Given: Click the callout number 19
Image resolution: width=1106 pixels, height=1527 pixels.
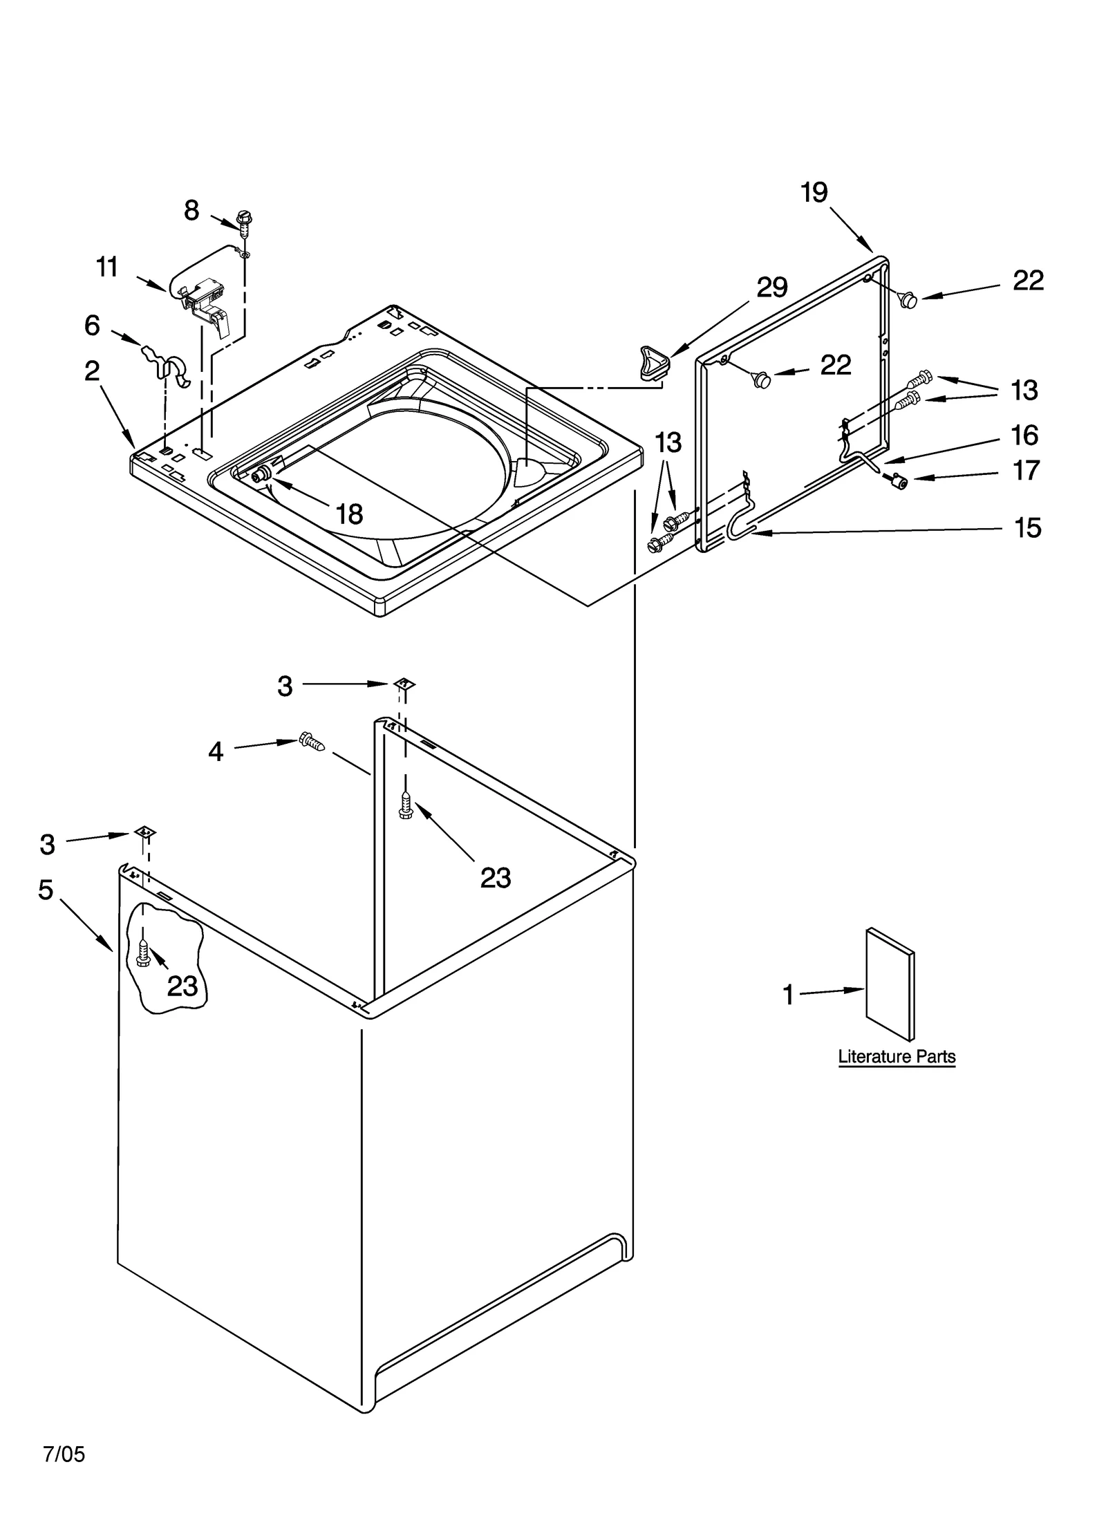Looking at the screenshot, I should pyautogui.click(x=814, y=193).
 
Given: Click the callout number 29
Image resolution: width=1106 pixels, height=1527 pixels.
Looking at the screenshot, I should pyautogui.click(x=771, y=287).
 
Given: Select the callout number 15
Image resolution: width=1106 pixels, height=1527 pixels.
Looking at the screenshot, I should pyautogui.click(x=1027, y=528).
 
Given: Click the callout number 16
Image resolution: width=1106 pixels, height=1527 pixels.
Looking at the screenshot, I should pyautogui.click(x=1024, y=435).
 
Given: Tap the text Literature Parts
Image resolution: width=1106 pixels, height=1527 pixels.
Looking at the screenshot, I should pyautogui.click(x=897, y=1056).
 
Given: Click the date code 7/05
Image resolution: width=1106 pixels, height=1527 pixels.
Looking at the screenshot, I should pyautogui.click(x=64, y=1454).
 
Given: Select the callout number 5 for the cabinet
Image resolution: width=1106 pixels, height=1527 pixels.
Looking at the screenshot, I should pyautogui.click(x=46, y=890).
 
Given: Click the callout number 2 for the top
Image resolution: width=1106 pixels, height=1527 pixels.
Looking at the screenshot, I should pyautogui.click(x=92, y=372).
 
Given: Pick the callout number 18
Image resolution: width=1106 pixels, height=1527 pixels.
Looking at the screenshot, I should pyautogui.click(x=349, y=514).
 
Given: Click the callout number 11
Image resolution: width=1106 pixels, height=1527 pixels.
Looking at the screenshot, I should pyautogui.click(x=107, y=267).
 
